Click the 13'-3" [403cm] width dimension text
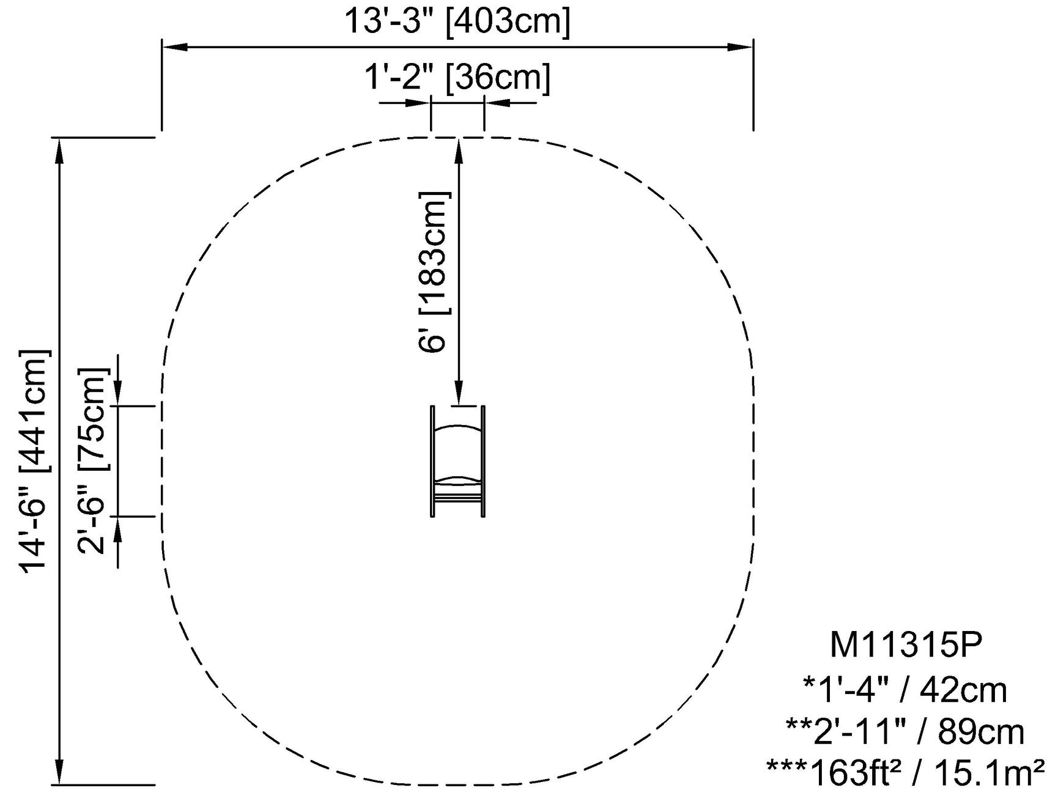pos(457,21)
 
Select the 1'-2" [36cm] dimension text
pos(457,78)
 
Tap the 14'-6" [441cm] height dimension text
pos(34,462)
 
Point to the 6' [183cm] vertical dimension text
pos(434,272)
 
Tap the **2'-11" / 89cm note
pos(905,732)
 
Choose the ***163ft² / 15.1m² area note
pos(905,773)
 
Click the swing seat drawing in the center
pos(458,461)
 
